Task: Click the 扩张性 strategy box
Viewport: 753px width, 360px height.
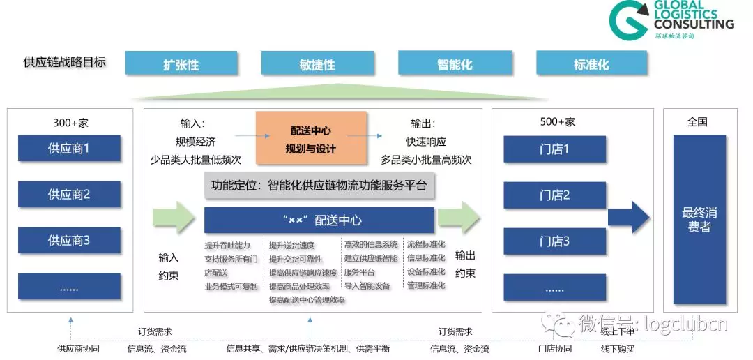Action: (181, 64)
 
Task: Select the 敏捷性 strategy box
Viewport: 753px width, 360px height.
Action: (317, 64)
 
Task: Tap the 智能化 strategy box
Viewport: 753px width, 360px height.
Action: (454, 64)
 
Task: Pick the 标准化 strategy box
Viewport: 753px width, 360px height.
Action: (591, 64)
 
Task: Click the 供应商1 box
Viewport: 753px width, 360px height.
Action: (69, 149)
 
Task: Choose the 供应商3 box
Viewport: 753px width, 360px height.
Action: (69, 241)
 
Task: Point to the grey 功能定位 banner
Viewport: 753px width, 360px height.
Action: (319, 186)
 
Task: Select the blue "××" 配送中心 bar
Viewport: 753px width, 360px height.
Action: (319, 220)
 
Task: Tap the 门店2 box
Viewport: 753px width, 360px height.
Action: (555, 195)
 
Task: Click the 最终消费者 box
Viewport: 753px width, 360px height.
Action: (699, 220)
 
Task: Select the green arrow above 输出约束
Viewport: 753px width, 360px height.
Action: (459, 218)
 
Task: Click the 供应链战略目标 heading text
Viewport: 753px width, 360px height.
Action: (65, 62)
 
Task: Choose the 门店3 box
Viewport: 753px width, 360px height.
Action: (555, 241)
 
